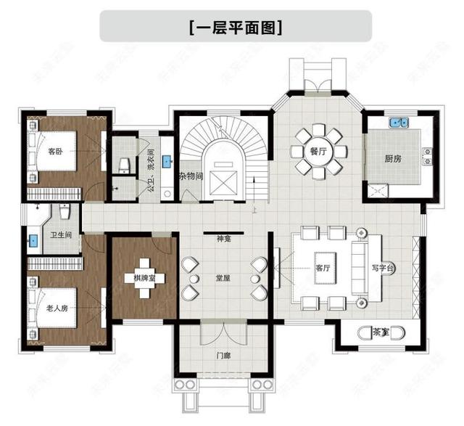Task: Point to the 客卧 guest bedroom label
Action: [56, 152]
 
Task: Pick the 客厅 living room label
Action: [323, 268]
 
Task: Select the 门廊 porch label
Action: [223, 356]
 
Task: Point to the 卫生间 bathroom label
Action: [60, 234]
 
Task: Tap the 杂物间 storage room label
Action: [189, 176]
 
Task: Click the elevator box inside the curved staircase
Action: [223, 179]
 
